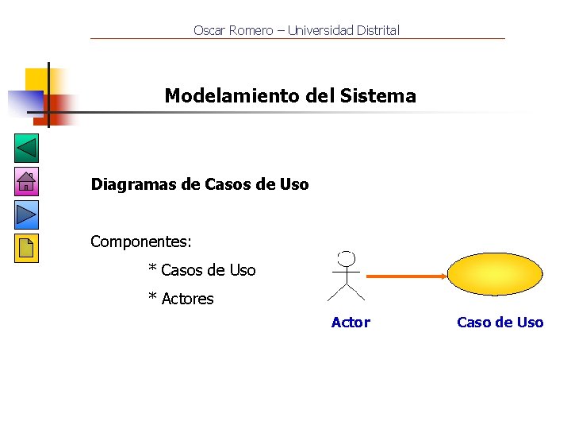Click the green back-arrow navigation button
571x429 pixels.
coord(26,149)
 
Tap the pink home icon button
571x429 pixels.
coord(26,182)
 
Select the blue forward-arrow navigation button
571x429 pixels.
coord(26,214)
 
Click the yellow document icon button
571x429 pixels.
coord(26,248)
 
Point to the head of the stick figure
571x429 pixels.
coord(346,259)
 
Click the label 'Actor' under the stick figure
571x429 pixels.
coord(351,322)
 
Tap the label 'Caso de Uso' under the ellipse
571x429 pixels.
coord(500,322)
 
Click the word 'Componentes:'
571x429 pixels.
coord(141,241)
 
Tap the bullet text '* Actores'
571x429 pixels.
coord(182,299)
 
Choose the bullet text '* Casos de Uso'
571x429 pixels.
coord(202,270)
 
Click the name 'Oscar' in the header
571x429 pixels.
coord(209,30)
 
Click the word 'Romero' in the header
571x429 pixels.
coord(250,30)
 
